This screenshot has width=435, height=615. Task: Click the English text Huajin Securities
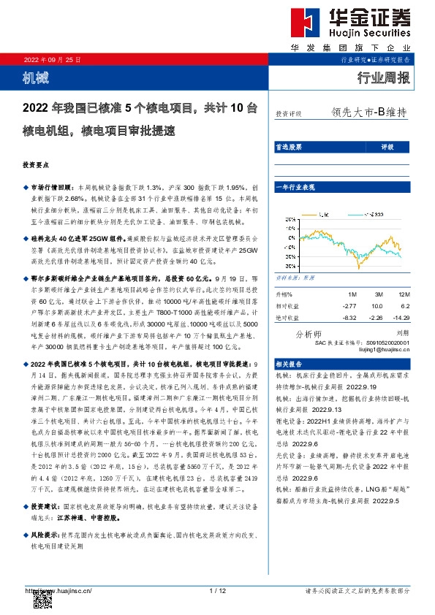click(x=373, y=34)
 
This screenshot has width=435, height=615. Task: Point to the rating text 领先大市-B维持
click(x=368, y=113)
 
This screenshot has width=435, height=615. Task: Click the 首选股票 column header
click(x=288, y=147)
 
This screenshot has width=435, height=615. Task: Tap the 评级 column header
click(x=387, y=147)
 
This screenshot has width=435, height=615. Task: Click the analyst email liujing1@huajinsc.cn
click(x=387, y=349)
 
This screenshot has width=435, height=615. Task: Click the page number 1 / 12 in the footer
click(x=217, y=590)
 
